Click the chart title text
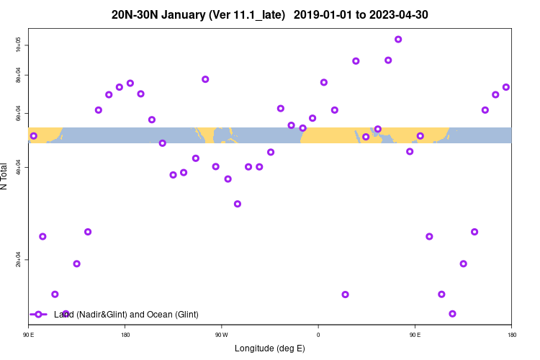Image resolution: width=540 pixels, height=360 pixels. click(270, 14)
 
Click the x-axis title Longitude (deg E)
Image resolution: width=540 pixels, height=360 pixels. click(270, 348)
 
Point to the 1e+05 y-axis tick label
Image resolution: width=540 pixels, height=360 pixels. click(19, 45)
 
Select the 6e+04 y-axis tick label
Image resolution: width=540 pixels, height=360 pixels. click(19, 114)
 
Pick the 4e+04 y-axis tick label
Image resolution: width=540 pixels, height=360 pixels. click(19, 168)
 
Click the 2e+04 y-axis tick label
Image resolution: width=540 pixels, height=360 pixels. click(19, 260)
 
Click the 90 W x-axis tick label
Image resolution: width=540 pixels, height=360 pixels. click(221, 335)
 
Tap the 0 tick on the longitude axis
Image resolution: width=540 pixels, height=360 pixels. click(318, 335)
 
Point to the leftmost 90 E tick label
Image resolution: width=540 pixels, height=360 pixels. click(29, 335)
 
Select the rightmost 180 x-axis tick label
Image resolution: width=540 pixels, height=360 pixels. click(511, 335)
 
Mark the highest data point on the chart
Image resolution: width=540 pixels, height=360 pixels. click(398, 40)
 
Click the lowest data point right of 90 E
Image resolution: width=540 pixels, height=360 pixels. click(452, 314)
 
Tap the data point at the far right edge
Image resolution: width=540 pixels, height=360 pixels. click(506, 87)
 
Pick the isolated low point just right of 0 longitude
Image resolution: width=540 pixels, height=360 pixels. click(345, 294)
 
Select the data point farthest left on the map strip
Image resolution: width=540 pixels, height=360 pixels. click(34, 135)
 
